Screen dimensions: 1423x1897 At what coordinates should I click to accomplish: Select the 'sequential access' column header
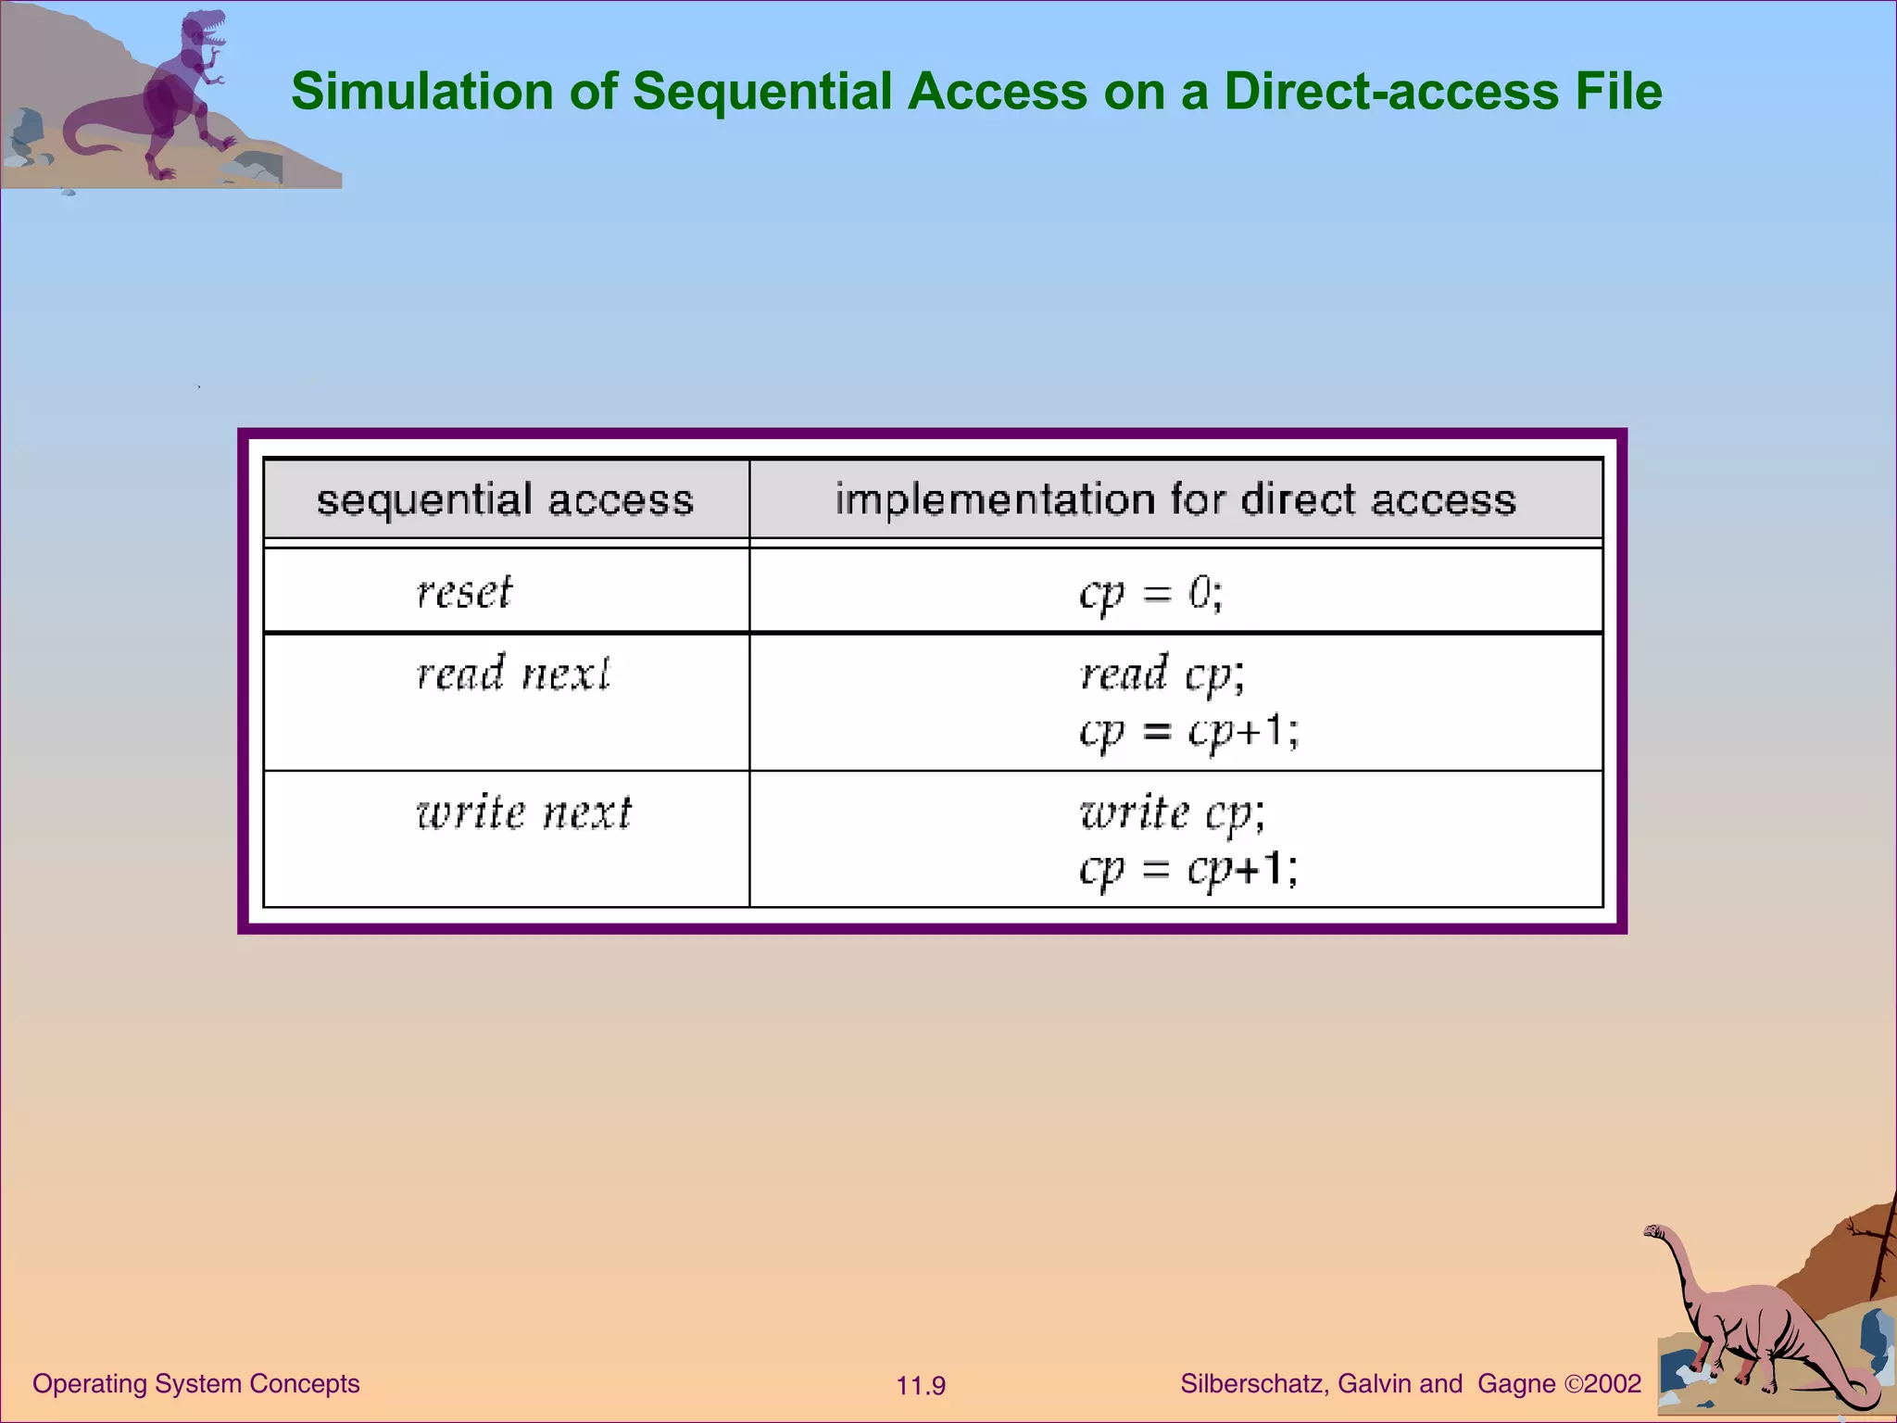(x=505, y=499)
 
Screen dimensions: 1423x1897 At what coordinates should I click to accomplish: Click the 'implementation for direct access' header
(x=1175, y=499)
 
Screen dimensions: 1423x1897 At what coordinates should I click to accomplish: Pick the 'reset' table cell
(x=464, y=592)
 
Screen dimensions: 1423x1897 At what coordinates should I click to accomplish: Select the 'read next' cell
(x=513, y=674)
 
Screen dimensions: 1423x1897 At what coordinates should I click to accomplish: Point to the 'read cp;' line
(x=1162, y=674)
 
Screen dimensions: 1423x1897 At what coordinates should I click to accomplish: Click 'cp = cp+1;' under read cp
(x=1188, y=731)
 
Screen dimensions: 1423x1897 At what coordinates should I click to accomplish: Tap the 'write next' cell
(x=523, y=813)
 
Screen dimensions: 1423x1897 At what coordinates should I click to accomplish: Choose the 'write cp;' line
(x=1172, y=813)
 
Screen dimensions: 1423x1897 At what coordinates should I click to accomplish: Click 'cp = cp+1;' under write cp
(x=1188, y=869)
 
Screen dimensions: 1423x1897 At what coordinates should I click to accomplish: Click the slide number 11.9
(x=920, y=1386)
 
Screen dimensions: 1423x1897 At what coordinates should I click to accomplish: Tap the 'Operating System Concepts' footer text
(x=195, y=1383)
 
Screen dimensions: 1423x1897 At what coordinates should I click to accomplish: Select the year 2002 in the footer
(x=1613, y=1384)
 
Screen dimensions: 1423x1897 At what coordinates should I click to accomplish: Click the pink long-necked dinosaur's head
(x=1654, y=1232)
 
